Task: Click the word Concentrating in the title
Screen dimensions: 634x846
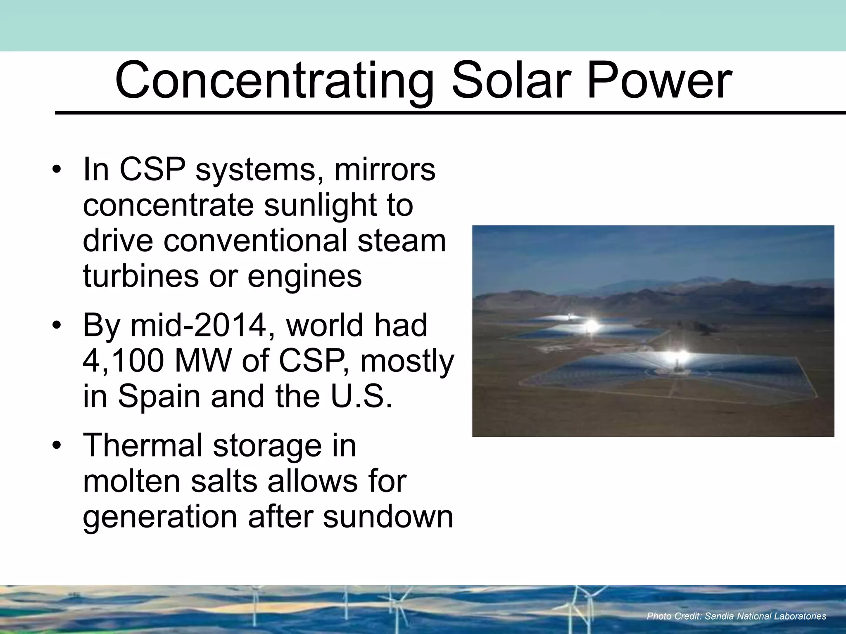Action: (274, 81)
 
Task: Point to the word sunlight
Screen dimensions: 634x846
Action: (320, 205)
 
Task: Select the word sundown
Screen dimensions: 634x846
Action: (388, 517)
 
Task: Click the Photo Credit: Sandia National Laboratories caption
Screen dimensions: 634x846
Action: (736, 616)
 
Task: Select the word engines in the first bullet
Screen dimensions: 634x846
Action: (304, 276)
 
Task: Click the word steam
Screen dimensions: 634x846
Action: (402, 241)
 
